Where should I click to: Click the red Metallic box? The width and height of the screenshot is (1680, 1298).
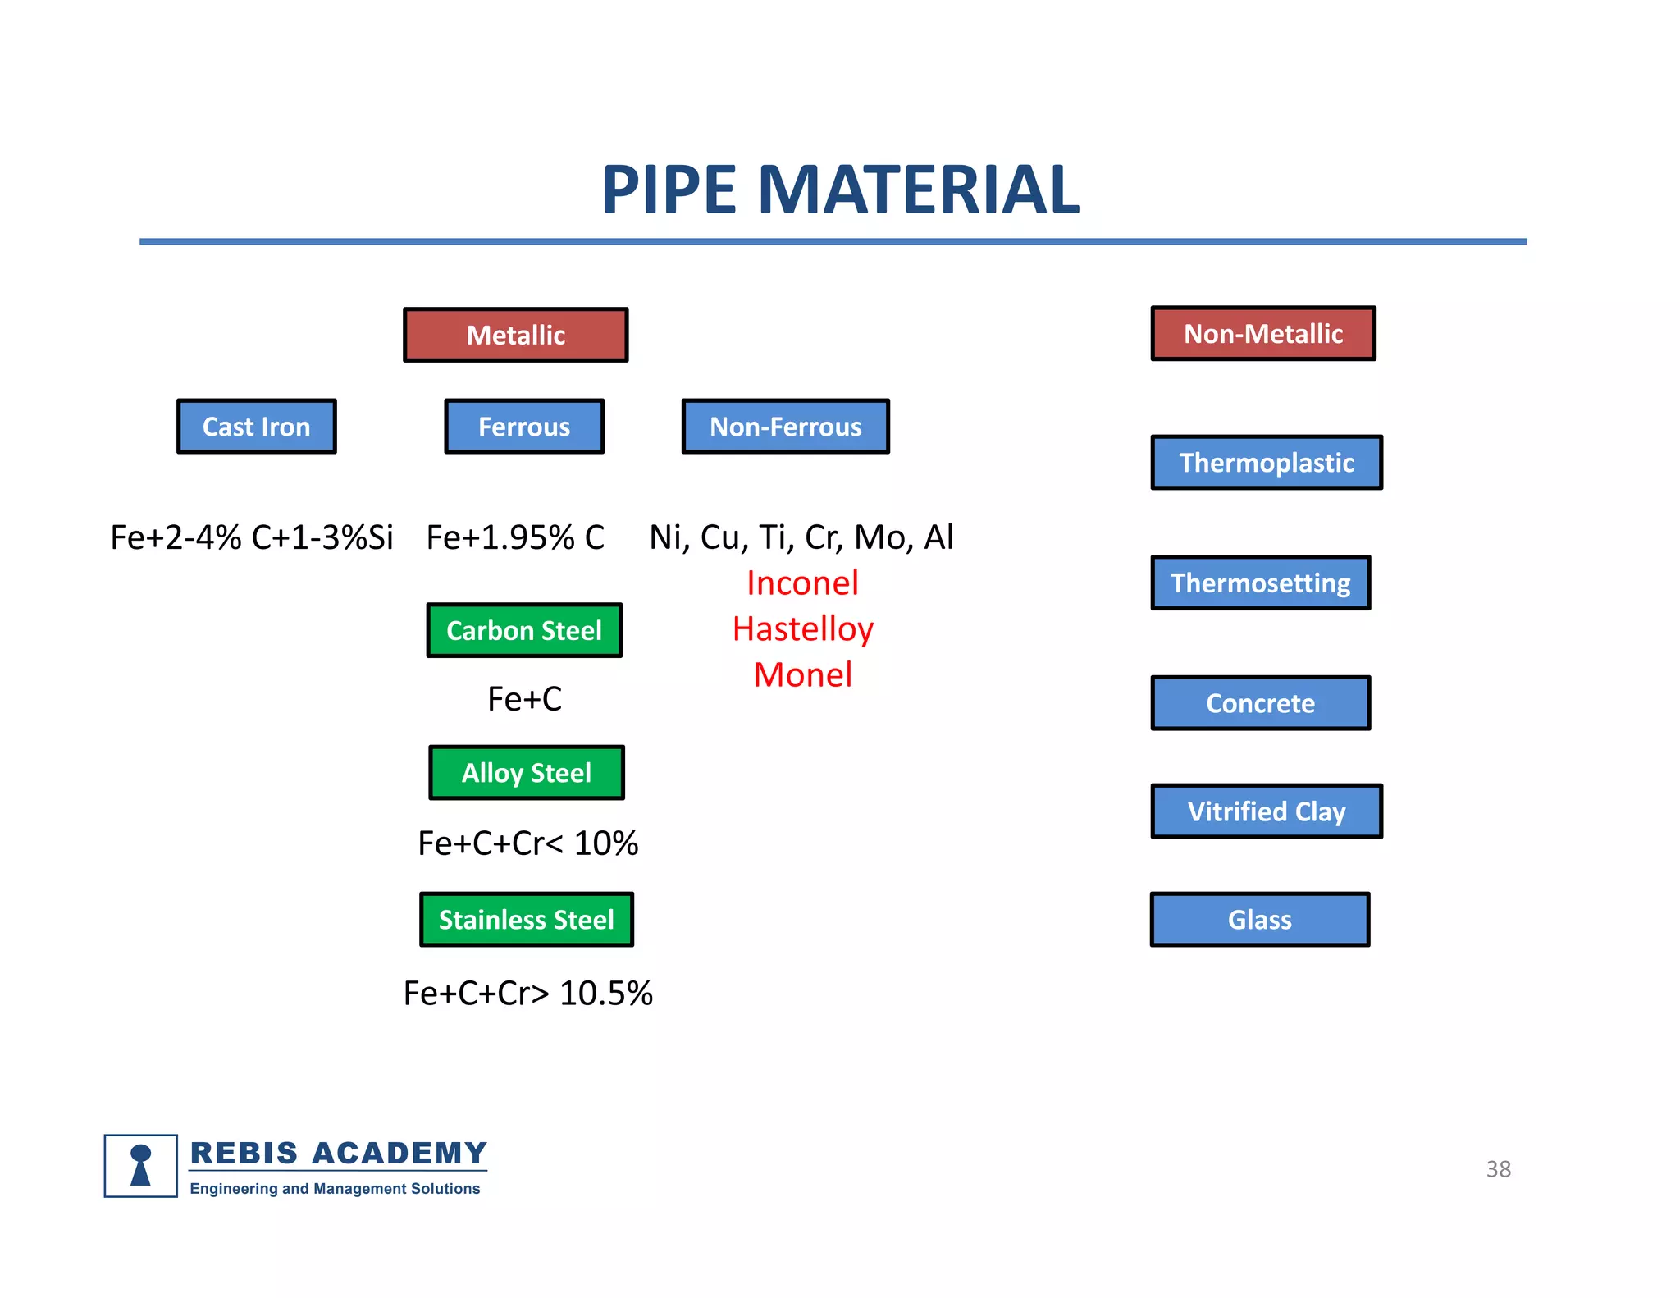[515, 335]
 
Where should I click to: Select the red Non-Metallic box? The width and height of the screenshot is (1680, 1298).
[1262, 334]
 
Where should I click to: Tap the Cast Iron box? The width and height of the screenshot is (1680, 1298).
[257, 427]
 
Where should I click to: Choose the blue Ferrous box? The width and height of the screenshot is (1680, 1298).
[524, 427]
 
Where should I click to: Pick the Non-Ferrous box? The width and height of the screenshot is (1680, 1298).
[785, 427]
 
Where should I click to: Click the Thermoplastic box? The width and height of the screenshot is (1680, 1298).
[1267, 463]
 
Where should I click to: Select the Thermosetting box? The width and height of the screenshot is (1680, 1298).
[1260, 583]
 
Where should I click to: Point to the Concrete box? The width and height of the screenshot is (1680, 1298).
[1260, 703]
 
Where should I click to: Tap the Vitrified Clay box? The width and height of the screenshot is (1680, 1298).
[1267, 811]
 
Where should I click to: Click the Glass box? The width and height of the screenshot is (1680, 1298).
[1259, 920]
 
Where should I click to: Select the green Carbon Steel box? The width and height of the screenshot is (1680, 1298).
[524, 630]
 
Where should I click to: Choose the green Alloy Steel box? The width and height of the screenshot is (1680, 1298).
[527, 773]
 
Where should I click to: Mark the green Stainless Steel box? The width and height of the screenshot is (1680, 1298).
[527, 920]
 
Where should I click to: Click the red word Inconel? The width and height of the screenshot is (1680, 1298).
[802, 583]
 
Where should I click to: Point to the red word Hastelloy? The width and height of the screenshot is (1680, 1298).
[802, 629]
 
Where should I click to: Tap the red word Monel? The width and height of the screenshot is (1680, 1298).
[802, 675]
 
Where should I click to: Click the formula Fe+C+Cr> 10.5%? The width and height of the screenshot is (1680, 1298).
[527, 994]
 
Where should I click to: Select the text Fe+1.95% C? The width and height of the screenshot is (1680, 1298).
[515, 537]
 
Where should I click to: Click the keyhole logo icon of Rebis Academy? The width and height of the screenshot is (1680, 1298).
[141, 1166]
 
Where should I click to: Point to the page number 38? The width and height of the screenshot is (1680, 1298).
[1498, 1169]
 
